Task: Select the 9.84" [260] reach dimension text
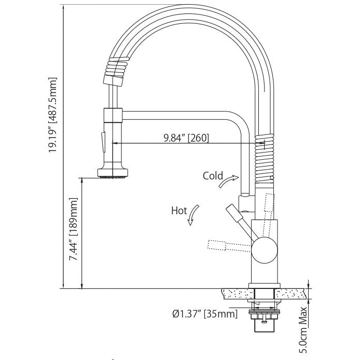click(186, 137)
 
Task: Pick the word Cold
click(213, 176)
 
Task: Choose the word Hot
click(178, 211)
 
